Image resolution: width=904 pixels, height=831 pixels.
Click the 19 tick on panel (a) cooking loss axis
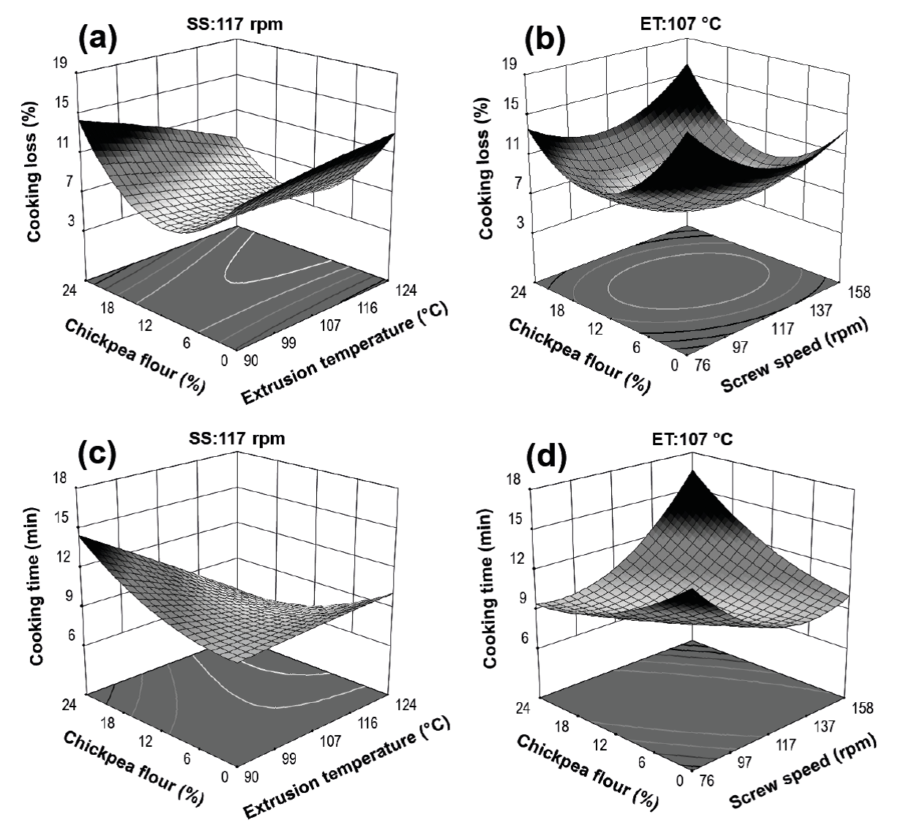60,64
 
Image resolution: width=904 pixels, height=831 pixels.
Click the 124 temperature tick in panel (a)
407,291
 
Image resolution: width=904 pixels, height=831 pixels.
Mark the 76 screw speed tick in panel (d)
701,782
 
